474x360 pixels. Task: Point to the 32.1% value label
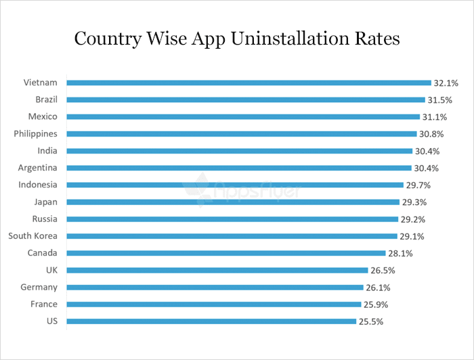coord(446,83)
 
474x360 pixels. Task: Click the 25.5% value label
coord(371,321)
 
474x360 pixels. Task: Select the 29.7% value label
coord(418,185)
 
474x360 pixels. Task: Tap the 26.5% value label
coord(383,270)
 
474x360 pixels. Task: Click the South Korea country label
coord(33,235)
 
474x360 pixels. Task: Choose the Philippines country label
coord(35,133)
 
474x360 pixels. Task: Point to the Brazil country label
coord(45,99)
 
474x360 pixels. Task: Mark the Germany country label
coord(39,287)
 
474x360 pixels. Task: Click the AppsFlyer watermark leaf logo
coord(197,187)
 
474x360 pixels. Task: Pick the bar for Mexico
coord(243,116)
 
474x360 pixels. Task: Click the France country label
coord(43,304)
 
